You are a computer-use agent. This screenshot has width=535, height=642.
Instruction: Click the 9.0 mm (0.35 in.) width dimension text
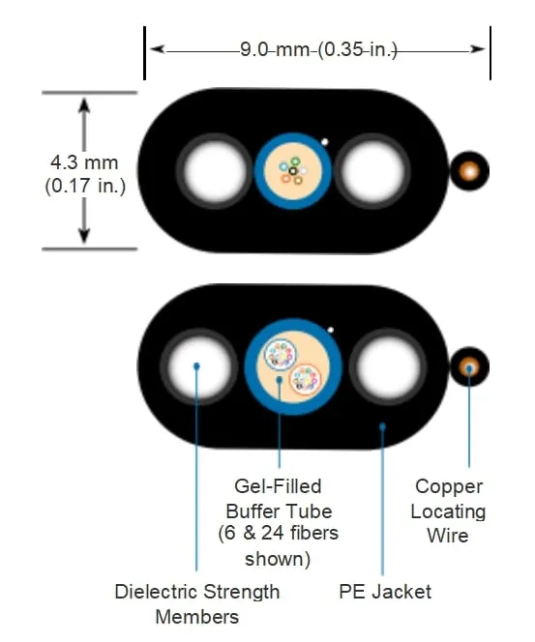click(x=318, y=50)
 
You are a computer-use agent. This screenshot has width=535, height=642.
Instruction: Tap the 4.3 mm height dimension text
click(x=84, y=162)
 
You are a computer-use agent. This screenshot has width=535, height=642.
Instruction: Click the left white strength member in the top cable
click(x=214, y=171)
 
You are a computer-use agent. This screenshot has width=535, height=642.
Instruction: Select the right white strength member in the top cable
click(x=372, y=171)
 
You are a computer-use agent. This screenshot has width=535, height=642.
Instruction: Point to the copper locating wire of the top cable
click(x=469, y=171)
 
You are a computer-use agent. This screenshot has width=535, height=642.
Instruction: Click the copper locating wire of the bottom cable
click(x=469, y=366)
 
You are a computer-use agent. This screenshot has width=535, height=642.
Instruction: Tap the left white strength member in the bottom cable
click(x=198, y=366)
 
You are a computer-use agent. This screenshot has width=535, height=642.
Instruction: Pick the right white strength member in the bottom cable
click(x=387, y=366)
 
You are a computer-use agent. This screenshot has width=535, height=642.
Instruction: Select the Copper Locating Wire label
click(x=448, y=511)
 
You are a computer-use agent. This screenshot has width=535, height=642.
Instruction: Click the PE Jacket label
click(x=385, y=592)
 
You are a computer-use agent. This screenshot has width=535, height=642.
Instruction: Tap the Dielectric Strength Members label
click(x=197, y=604)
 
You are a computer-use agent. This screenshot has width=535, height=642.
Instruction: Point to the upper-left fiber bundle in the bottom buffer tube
click(x=281, y=354)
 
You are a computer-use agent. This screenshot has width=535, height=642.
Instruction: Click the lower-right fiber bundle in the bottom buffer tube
click(x=306, y=379)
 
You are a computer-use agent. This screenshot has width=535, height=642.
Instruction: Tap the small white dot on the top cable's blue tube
click(x=324, y=142)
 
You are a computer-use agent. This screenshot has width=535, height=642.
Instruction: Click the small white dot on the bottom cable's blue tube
click(x=330, y=330)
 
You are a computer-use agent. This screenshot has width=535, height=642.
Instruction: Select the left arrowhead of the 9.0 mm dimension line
click(x=158, y=49)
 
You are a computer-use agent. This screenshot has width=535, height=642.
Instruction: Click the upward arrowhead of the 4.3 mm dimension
click(x=84, y=106)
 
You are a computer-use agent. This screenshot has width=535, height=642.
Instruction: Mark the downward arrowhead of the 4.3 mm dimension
click(x=84, y=235)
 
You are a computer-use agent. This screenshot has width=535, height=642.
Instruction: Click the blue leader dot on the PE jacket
click(x=382, y=426)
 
